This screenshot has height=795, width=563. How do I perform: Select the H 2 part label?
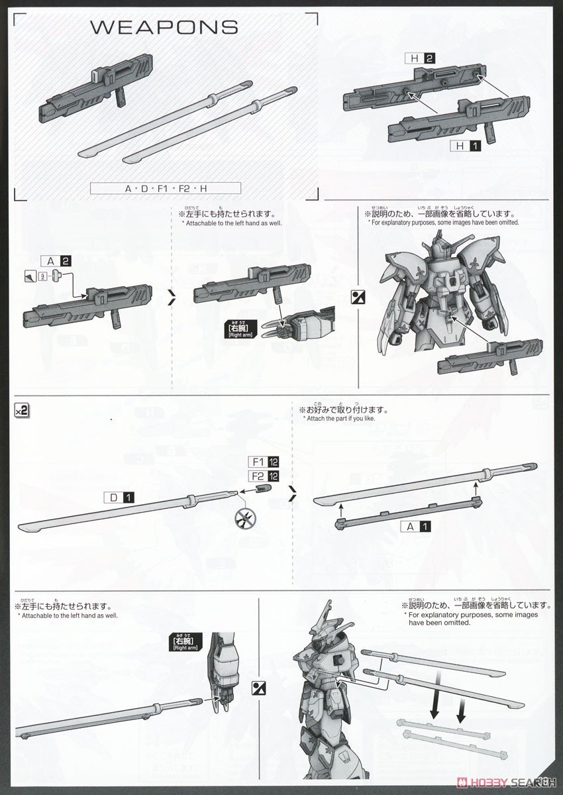click(x=421, y=59)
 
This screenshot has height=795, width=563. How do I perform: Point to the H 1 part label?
click(x=468, y=146)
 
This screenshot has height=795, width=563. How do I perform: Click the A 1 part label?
click(x=417, y=527)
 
